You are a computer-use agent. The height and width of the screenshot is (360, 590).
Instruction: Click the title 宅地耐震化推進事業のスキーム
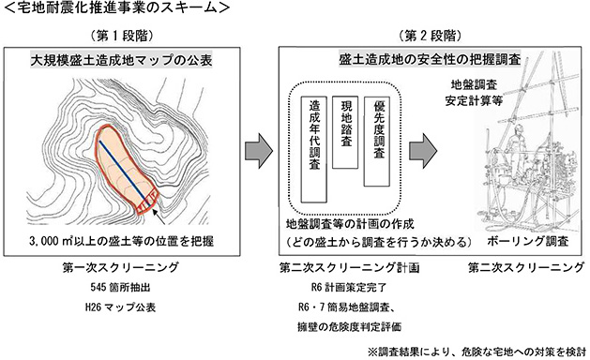(x=118, y=8)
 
